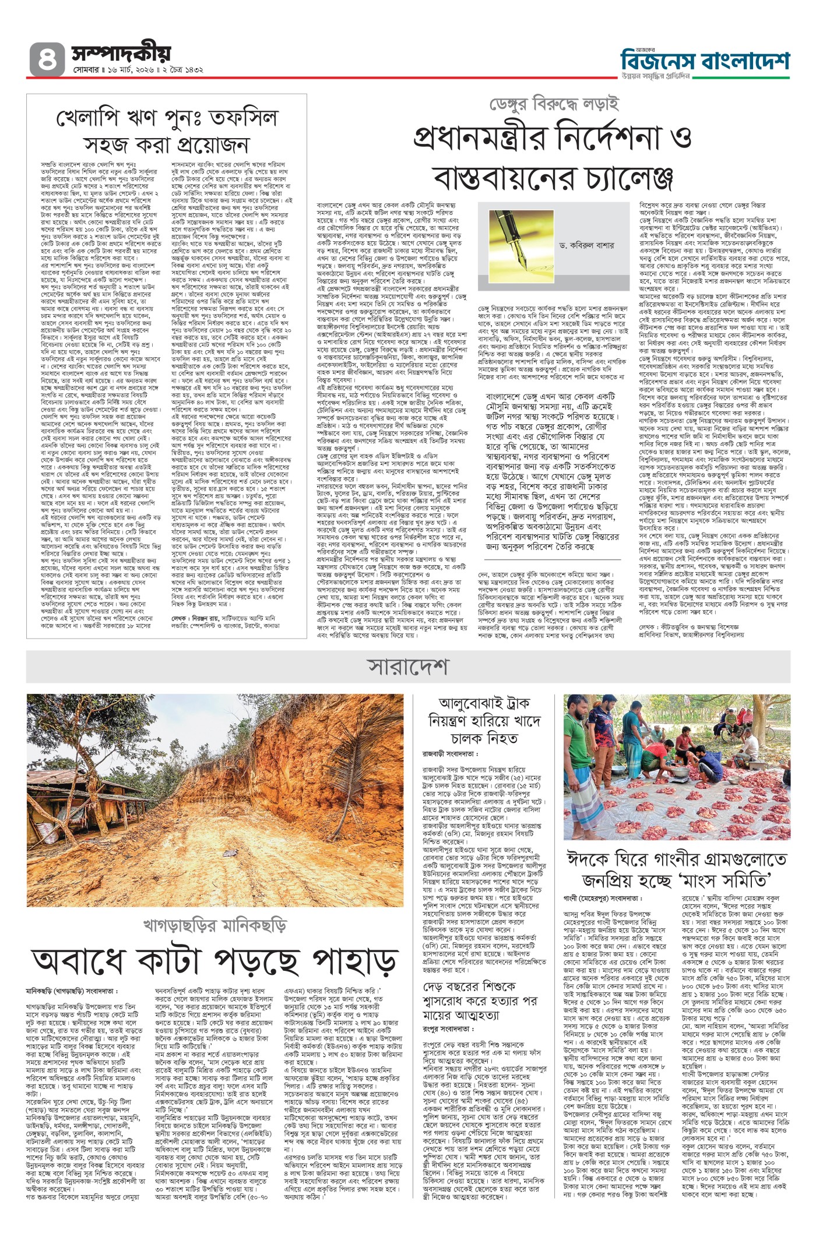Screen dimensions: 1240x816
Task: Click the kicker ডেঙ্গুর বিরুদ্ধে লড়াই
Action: (x=553, y=104)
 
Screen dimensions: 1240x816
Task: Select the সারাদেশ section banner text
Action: (x=407, y=665)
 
